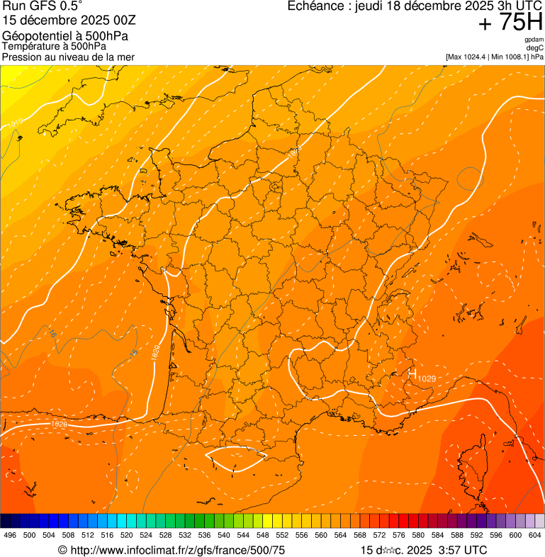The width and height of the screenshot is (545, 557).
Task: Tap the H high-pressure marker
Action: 412,373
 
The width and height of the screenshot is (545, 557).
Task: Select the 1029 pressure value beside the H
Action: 427,378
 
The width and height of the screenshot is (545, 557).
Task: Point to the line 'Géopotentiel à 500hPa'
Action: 59,35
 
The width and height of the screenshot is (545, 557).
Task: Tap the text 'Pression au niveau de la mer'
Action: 68,57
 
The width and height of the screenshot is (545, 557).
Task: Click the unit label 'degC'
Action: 534,48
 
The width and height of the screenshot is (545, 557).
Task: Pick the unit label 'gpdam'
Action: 534,40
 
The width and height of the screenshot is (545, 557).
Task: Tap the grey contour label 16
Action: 52,333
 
